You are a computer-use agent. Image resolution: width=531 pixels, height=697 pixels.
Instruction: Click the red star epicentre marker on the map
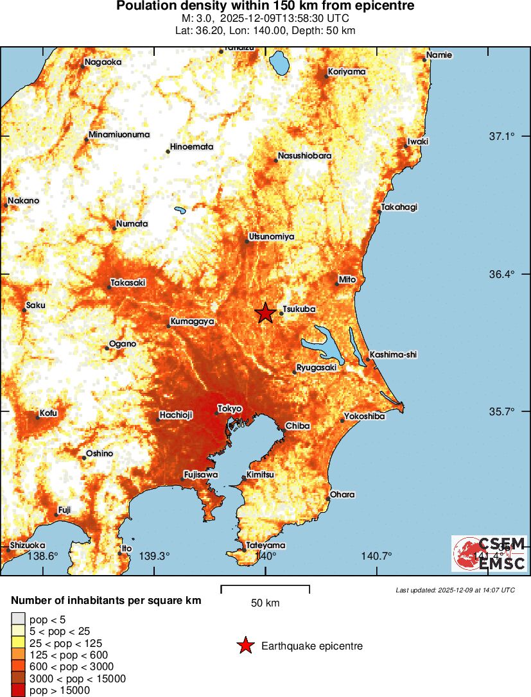[265, 313]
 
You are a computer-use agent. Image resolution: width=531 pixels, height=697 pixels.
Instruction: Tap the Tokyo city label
[229, 408]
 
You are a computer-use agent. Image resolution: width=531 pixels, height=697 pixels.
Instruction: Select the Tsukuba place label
[299, 309]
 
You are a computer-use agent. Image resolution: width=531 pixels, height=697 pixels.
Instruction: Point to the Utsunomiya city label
[271, 237]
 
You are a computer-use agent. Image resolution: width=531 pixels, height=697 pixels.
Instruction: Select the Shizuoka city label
[26, 545]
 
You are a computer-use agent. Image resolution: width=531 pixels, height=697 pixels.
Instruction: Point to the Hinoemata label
[191, 147]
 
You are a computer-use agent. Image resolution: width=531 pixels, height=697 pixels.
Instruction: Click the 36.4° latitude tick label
[501, 274]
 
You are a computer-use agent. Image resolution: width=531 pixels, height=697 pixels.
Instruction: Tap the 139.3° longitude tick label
[155, 556]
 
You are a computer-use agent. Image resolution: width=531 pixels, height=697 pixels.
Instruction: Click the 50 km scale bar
[265, 587]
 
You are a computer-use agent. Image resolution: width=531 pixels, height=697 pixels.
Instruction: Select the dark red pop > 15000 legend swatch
[18, 690]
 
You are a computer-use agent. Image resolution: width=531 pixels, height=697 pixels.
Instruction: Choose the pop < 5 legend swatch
[18, 619]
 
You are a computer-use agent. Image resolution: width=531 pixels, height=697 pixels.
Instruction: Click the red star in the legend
[245, 646]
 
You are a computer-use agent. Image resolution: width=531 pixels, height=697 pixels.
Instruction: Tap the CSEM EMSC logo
[489, 554]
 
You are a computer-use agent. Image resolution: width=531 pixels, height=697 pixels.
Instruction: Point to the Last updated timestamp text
[455, 590]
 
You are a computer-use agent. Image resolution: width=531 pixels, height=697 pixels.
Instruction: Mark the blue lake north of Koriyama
[280, 64]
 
